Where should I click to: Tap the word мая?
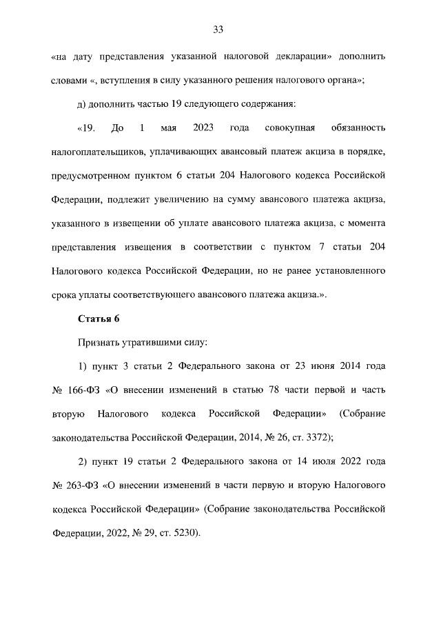tap(169, 128)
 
